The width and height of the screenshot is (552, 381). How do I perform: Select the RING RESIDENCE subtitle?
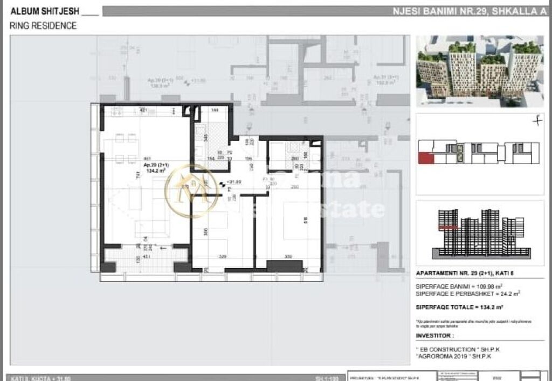pos(43,25)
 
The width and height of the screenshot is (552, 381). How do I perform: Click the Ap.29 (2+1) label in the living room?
pos(154,165)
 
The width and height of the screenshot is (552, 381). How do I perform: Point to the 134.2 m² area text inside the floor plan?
pos(154,171)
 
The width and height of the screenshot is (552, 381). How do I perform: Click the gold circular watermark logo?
pos(192,192)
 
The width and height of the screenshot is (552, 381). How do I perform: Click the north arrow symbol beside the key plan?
pos(536,121)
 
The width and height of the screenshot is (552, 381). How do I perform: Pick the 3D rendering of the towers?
pos(480,70)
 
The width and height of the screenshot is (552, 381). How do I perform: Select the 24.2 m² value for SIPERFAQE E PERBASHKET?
pos(499,294)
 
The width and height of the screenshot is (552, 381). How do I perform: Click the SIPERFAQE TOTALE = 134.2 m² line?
pos(460,307)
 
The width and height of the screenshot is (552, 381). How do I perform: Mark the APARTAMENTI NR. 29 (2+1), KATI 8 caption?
pos(465,273)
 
